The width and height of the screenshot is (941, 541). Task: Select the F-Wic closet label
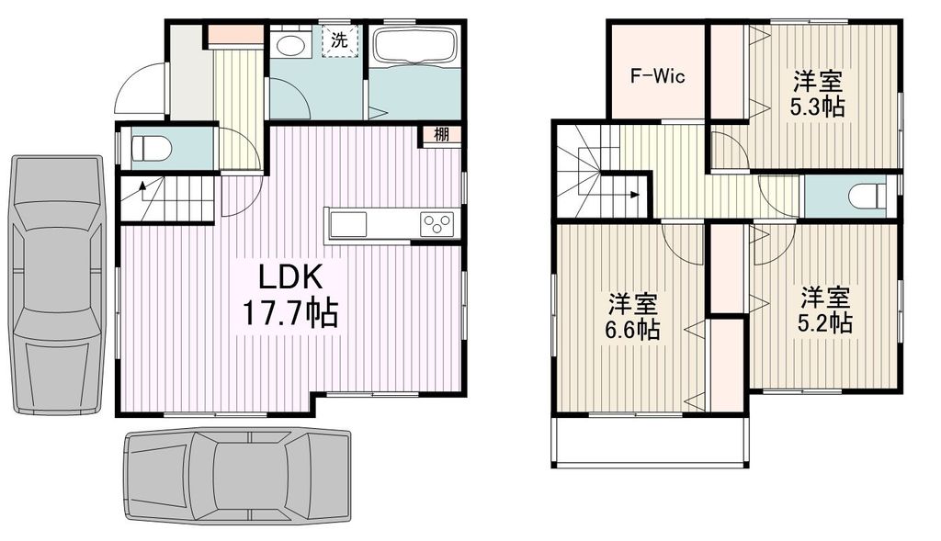(x=656, y=75)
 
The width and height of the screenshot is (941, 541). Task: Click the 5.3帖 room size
(x=817, y=106)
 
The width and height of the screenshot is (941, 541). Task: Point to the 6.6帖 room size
(x=631, y=330)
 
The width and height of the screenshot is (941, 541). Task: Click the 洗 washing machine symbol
(x=340, y=40)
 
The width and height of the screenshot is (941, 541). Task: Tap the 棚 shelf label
(x=442, y=134)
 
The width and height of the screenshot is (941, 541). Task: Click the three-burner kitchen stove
(x=437, y=223)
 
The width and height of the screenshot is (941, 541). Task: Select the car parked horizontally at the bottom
(x=237, y=475)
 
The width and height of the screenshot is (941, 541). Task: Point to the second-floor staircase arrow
(x=634, y=194)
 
